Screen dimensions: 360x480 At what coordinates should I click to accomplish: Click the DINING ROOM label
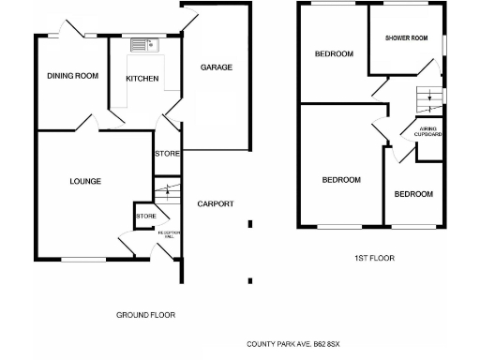(73, 76)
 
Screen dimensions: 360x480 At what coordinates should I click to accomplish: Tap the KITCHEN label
(142, 79)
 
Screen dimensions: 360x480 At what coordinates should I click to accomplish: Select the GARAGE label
(216, 67)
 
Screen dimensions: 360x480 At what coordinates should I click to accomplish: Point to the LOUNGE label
(85, 181)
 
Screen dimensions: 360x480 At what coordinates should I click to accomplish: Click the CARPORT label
(215, 204)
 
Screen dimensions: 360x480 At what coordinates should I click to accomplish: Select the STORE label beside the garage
(166, 155)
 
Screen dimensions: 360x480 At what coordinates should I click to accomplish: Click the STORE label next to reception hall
(145, 217)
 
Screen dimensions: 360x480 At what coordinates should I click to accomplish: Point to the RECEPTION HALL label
(168, 233)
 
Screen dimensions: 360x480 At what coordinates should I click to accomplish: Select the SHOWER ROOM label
(406, 38)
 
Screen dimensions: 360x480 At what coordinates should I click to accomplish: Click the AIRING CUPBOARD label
(427, 131)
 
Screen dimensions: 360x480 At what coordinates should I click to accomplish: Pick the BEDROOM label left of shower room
(334, 54)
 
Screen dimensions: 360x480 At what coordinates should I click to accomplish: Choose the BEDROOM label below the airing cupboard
(413, 194)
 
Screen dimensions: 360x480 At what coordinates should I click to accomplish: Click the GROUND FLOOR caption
(145, 315)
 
